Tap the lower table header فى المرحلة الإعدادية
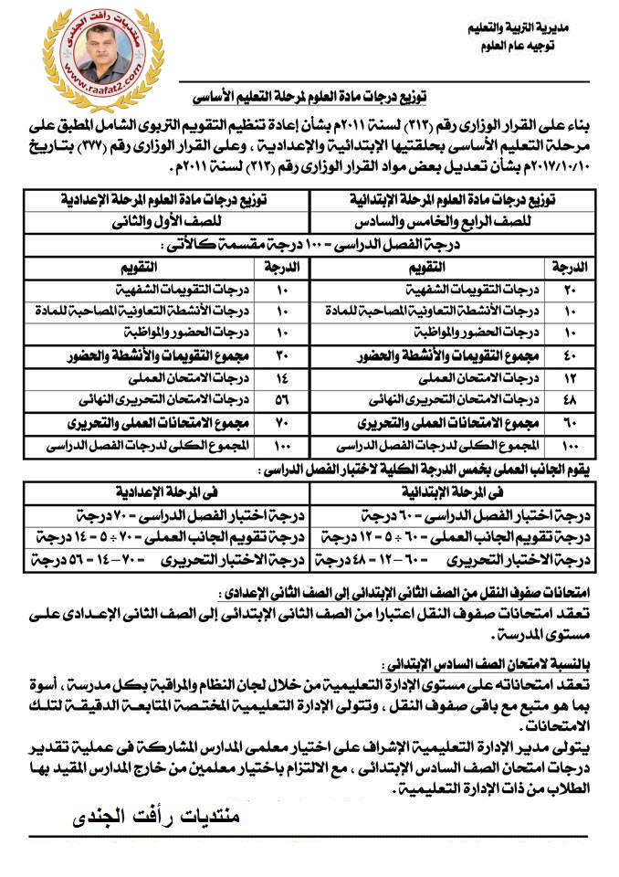point(165,492)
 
